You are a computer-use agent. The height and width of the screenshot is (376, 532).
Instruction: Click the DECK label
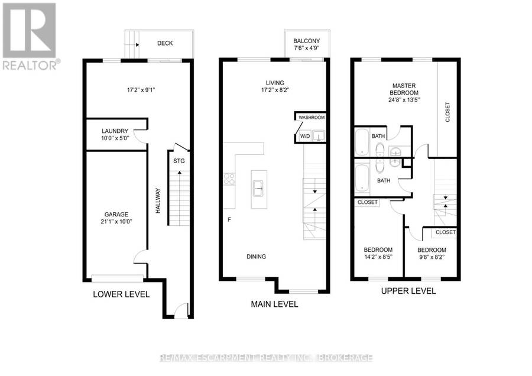tap(165, 43)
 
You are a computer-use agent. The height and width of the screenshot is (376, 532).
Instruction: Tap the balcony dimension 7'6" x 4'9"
tap(306, 48)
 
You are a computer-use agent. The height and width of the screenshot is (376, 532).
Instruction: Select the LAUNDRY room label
tap(115, 131)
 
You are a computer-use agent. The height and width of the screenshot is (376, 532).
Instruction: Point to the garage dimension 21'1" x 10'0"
tap(116, 222)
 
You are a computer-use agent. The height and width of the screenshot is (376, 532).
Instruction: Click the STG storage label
tap(179, 161)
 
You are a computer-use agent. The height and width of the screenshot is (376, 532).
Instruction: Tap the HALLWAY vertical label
tap(158, 200)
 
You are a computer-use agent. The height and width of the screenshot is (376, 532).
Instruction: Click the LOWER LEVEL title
tap(121, 294)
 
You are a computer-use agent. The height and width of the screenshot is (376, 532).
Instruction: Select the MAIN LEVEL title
tap(274, 304)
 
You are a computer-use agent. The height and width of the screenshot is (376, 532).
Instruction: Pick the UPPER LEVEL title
tap(408, 291)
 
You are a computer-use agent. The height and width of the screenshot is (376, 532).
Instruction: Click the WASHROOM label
tap(312, 118)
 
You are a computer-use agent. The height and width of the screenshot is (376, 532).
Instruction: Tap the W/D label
tap(305, 136)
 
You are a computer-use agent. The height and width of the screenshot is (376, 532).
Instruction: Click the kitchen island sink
tap(258, 189)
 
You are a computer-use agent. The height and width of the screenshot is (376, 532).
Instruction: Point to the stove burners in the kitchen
tap(229, 179)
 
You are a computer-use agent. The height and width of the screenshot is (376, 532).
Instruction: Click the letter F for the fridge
tap(229, 219)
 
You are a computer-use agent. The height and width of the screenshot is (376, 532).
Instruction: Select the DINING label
tap(256, 257)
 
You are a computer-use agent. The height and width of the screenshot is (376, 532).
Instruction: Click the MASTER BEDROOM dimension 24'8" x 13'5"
tap(404, 100)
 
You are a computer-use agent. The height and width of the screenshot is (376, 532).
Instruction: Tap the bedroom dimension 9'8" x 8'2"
tap(432, 257)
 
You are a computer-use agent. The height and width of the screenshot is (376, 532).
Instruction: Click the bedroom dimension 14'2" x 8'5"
tap(378, 257)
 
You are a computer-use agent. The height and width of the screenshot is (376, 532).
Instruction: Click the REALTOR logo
tap(30, 36)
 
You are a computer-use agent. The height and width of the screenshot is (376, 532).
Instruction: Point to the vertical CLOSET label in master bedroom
tap(447, 112)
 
